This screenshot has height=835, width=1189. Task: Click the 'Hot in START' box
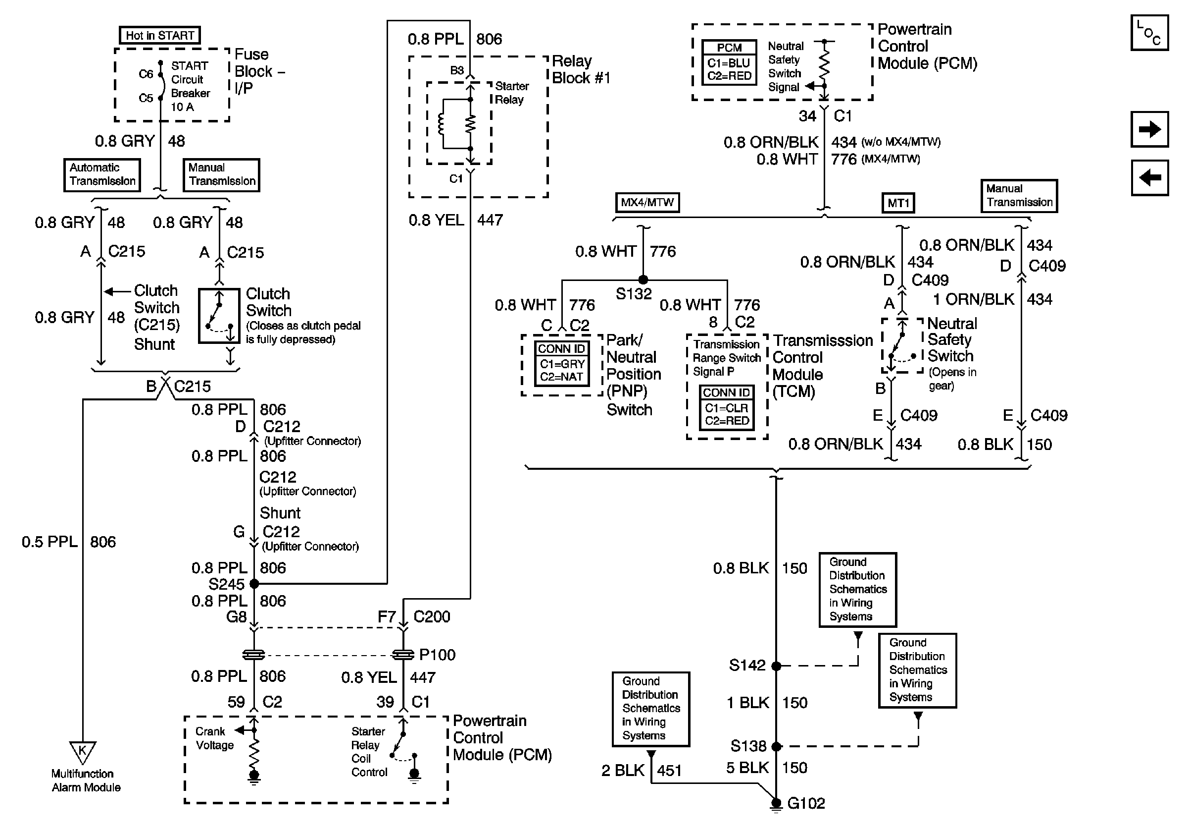point(159,35)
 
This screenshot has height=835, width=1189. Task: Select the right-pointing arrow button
point(1149,129)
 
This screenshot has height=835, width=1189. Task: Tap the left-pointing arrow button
point(1149,178)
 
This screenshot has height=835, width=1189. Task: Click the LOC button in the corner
point(1149,33)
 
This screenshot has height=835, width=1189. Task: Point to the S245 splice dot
point(254,584)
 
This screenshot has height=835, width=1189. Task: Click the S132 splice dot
point(643,280)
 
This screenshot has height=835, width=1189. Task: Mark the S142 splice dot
point(776,666)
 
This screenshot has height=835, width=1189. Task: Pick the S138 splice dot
point(776,746)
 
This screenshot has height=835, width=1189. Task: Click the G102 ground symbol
point(776,804)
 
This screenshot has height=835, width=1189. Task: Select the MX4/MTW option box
point(647,202)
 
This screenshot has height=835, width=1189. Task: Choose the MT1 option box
point(898,203)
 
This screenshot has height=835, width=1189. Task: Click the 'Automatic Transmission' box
point(102,174)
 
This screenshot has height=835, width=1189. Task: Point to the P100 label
point(437,655)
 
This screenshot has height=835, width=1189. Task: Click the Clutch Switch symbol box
point(220,316)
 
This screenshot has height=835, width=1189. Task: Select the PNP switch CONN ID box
point(562,363)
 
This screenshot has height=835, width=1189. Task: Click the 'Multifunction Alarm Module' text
point(86,780)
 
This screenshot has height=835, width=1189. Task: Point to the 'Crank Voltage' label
point(214,738)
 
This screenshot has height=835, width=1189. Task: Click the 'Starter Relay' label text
point(512,93)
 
